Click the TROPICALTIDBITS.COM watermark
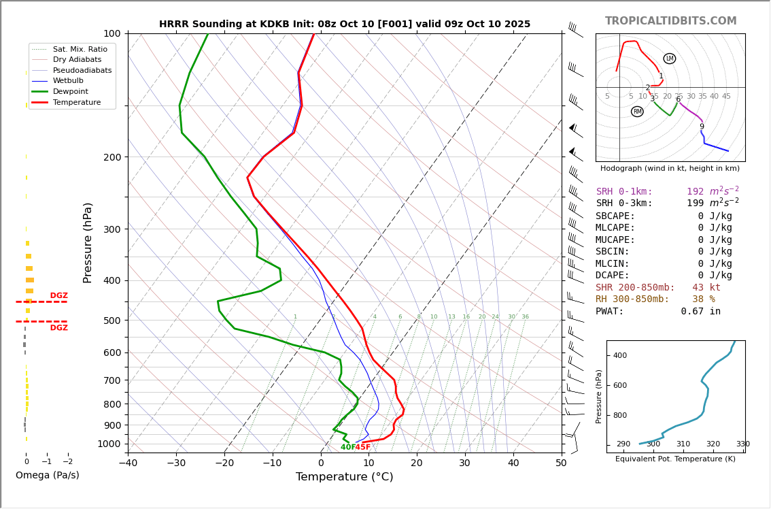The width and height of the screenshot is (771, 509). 670,21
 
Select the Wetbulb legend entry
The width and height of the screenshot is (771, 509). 67,80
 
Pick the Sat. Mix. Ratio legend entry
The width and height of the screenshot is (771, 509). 80,49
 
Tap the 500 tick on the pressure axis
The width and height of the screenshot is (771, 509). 112,321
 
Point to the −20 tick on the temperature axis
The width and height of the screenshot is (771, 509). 224,463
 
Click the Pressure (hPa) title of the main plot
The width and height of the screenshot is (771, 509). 88,242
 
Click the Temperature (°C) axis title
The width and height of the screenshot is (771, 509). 344,477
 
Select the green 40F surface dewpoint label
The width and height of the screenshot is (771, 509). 347,447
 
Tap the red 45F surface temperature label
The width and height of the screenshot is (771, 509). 363,447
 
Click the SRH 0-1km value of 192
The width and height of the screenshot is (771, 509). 695,192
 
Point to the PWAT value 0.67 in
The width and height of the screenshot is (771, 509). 700,311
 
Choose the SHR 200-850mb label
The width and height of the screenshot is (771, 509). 635,287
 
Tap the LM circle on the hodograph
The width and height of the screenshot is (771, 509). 670,59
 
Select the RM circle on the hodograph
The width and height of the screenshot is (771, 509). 637,112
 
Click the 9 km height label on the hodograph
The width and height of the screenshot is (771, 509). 702,127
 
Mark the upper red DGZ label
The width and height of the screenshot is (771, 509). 58,296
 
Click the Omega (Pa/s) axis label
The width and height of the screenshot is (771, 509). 47,475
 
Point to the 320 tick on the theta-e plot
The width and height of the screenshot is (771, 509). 713,444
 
